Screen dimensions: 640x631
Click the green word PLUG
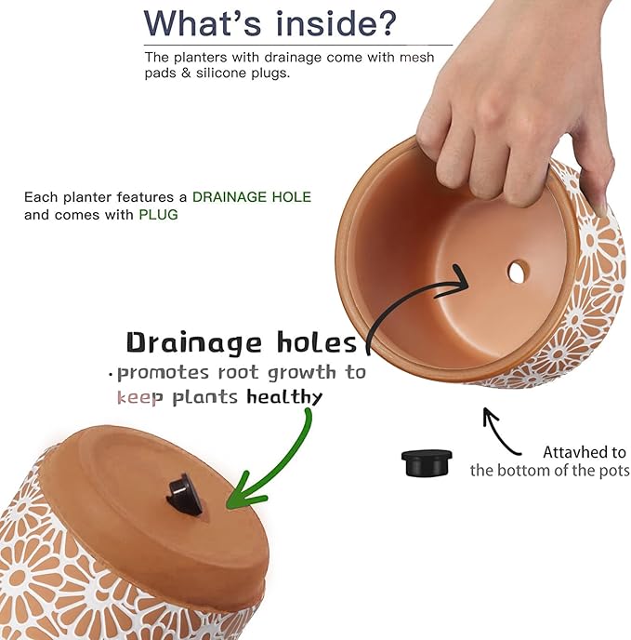[x=158, y=214]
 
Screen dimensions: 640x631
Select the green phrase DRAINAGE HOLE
[x=251, y=197]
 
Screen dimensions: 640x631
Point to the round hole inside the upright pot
[x=518, y=272]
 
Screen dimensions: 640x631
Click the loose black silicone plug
[x=427, y=461]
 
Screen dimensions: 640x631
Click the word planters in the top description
[x=202, y=57]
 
